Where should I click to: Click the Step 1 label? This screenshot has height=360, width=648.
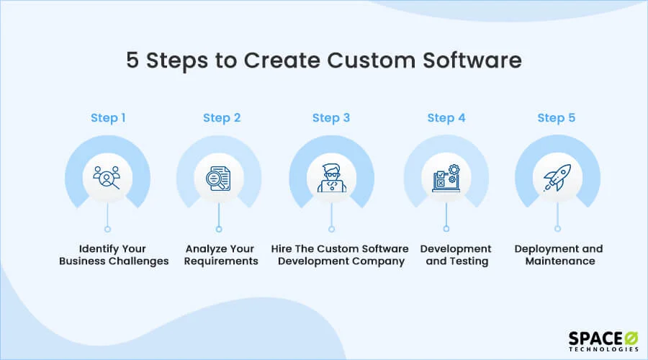[108, 118]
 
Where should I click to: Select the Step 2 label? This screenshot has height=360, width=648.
[222, 118]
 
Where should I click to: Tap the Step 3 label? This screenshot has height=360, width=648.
[331, 118]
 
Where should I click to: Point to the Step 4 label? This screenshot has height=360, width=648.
[446, 118]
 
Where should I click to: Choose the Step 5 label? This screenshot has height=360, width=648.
[557, 118]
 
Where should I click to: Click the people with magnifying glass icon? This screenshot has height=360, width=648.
[107, 178]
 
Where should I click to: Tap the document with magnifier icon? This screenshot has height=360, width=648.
[219, 178]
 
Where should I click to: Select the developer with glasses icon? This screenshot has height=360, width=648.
[331, 178]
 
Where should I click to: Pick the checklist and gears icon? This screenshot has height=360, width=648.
[446, 178]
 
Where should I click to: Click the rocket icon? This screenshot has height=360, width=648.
[557, 177]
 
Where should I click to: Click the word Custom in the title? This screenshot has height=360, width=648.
[371, 60]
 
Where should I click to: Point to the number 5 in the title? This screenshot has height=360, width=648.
[132, 60]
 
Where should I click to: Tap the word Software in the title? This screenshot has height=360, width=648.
[472, 60]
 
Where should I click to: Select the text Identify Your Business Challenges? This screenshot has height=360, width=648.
[114, 255]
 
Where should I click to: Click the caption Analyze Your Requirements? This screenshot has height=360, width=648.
[221, 255]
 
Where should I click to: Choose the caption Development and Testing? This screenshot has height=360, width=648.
[456, 255]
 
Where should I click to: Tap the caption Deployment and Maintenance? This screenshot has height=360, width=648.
[559, 255]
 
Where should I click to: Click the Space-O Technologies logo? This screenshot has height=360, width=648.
[603, 341]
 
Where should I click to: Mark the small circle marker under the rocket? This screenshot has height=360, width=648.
[557, 228]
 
